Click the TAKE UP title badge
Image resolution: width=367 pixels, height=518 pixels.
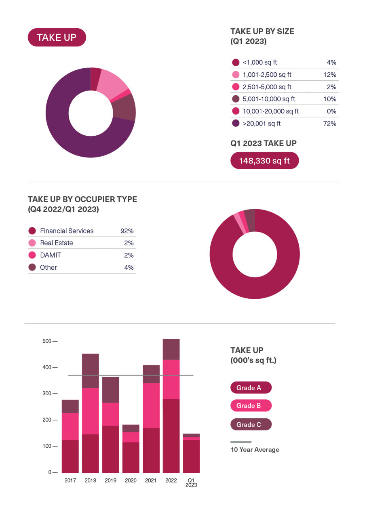tap(57, 38)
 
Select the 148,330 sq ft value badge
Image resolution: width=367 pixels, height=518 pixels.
tap(264, 161)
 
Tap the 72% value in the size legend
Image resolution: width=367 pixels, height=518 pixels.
tap(330, 124)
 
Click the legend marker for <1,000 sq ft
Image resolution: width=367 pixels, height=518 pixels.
tap(236, 63)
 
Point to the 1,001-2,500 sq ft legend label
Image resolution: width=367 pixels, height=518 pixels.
tap(267, 75)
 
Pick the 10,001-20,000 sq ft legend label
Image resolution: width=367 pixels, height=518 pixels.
tap(270, 111)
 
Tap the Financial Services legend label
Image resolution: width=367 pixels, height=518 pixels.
tap(67, 231)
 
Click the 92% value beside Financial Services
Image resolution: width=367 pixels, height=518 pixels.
tap(127, 231)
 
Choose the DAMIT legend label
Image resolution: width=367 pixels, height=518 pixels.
tap(51, 255)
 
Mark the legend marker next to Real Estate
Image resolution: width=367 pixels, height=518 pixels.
tap(32, 243)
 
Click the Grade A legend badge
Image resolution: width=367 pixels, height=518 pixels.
tap(251, 388)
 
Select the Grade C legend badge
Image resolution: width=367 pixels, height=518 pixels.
tap(251, 424)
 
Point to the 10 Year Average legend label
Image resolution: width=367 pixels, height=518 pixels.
tap(255, 449)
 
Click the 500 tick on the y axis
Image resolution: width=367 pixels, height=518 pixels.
tap(47, 341)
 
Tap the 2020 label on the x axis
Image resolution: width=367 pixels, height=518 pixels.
tap(131, 480)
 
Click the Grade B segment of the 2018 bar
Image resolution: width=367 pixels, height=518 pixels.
tap(91, 411)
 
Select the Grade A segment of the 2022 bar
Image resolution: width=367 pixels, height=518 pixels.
tap(171, 436)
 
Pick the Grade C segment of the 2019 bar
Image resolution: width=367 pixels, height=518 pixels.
tap(110, 390)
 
